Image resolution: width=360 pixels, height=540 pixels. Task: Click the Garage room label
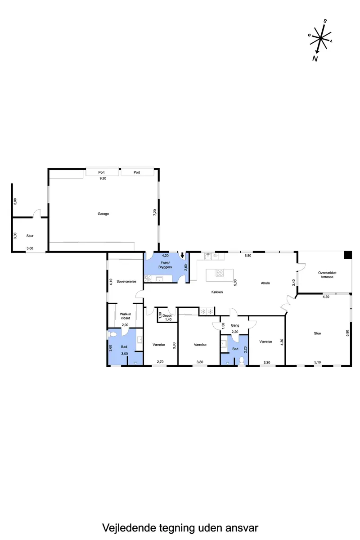(103, 214)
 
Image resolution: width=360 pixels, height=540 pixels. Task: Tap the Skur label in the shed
(30, 236)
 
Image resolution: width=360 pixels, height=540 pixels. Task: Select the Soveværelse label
(126, 281)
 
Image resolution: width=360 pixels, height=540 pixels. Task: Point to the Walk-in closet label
(126, 316)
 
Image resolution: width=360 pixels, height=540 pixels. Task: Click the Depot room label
(167, 315)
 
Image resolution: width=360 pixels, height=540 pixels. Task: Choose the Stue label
(317, 333)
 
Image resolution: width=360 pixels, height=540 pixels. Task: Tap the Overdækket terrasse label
(327, 275)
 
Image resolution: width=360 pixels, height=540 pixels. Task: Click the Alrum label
(265, 283)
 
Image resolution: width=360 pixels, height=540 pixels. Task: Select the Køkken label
(217, 292)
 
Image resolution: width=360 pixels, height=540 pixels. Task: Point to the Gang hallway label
(235, 325)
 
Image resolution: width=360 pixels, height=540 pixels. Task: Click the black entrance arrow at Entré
(182, 255)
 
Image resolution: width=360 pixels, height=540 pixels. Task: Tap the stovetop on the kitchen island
(220, 273)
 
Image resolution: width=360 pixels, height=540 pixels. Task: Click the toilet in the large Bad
(112, 334)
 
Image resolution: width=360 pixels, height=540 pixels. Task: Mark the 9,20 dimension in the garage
(103, 178)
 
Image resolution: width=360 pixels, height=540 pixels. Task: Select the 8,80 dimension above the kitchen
(248, 256)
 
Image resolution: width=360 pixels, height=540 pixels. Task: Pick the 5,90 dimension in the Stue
(347, 333)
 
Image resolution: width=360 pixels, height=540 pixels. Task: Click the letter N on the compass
(315, 58)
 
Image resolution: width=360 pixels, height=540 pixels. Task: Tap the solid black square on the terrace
(347, 255)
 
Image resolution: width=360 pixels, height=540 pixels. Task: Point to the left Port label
(101, 172)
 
